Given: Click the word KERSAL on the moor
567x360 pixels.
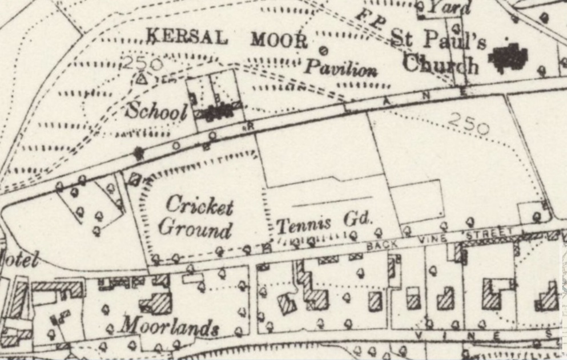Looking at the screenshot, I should pos(187,38).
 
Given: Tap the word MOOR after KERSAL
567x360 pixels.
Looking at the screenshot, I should pos(279,39).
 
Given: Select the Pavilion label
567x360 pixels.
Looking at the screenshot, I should pos(340,69).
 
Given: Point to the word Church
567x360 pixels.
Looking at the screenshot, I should pos(440,65).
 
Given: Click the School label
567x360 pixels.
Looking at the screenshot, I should pos(156,110).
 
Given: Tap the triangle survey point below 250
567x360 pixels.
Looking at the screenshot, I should pos(141,79).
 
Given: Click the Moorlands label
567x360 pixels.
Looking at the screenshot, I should pos(169,327).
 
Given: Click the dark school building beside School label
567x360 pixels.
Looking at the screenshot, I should pos(216,112).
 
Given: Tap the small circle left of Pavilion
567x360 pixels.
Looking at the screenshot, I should pos(323,51).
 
